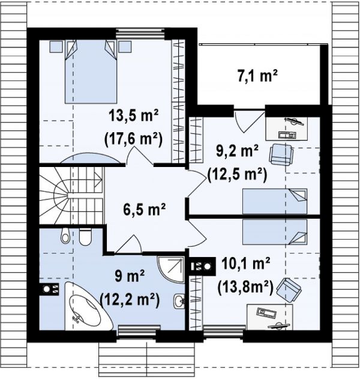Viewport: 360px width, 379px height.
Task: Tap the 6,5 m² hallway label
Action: (144, 208)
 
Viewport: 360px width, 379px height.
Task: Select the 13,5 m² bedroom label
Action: (134, 115)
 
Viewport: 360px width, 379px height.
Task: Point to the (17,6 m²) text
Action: (134, 139)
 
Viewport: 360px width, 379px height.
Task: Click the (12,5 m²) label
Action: (238, 174)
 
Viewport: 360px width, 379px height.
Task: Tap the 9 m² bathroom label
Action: (130, 276)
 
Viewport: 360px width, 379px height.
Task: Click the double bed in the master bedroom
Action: (91, 71)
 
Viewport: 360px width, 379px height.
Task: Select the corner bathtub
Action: (88, 306)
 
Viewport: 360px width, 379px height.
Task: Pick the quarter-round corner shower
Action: (170, 267)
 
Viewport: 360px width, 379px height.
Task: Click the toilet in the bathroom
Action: (85, 237)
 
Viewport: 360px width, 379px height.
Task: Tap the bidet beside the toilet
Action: (65, 235)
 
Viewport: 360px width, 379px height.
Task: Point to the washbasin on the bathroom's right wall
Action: (179, 301)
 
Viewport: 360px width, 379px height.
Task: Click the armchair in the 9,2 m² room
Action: (281, 155)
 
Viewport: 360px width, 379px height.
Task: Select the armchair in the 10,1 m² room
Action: (289, 290)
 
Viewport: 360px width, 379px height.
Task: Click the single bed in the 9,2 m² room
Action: (275, 201)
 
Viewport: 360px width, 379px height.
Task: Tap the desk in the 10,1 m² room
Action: (269, 317)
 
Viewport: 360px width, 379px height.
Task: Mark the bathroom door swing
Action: (127, 244)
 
